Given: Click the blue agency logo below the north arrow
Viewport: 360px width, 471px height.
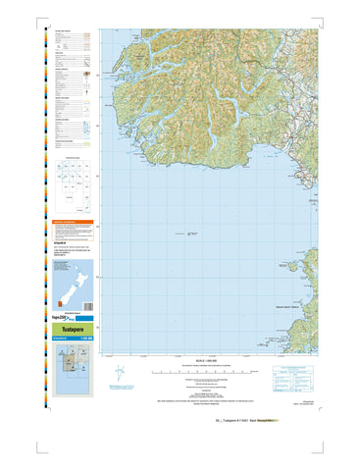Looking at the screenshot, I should pyautogui.click(x=120, y=390).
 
